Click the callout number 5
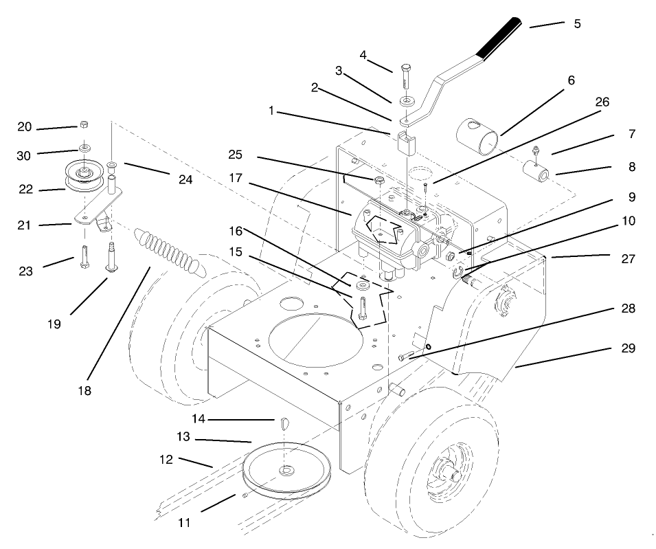(x=577, y=23)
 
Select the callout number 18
(x=84, y=390)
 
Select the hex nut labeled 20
(x=83, y=125)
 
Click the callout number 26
(x=602, y=102)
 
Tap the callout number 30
(x=24, y=155)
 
